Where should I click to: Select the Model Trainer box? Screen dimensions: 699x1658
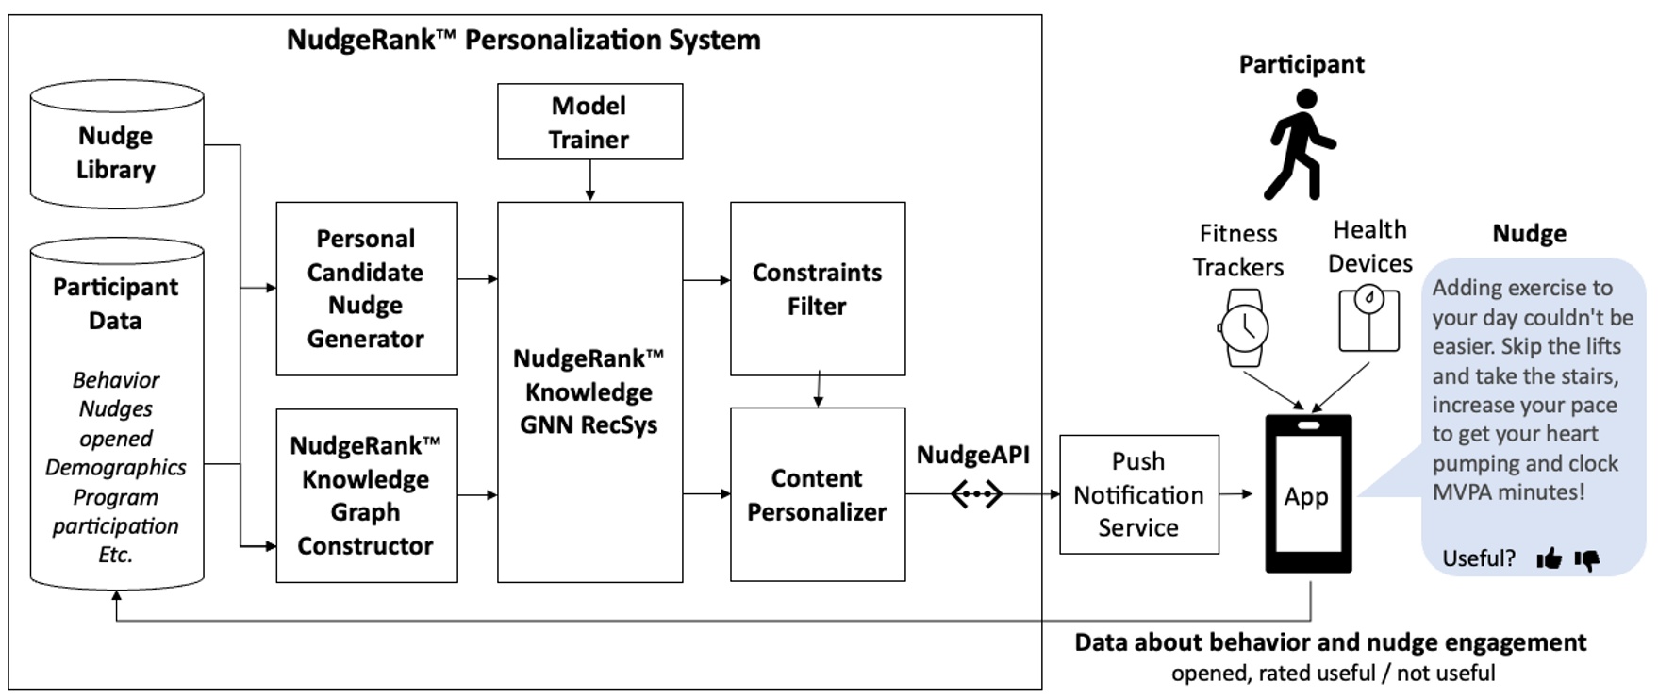pyautogui.click(x=589, y=122)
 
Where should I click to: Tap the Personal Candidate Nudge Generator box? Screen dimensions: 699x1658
pyautogui.click(x=366, y=289)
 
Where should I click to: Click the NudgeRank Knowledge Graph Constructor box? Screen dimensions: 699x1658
pyautogui.click(x=366, y=495)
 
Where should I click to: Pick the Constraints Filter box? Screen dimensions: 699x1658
pyautogui.click(x=817, y=289)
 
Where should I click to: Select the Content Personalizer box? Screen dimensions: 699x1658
pyautogui.click(x=817, y=495)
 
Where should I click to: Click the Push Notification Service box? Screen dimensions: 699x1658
pyautogui.click(x=1138, y=494)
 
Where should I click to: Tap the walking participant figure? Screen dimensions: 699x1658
pyautogui.click(x=1301, y=144)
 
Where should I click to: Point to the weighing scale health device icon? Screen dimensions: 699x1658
pyautogui.click(x=1368, y=320)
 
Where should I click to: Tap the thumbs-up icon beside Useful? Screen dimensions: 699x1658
pyautogui.click(x=1549, y=559)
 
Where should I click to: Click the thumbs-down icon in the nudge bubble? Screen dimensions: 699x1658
pyautogui.click(x=1587, y=560)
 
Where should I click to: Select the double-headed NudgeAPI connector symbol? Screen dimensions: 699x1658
pyautogui.click(x=976, y=493)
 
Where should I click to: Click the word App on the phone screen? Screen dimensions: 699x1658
pyautogui.click(x=1306, y=497)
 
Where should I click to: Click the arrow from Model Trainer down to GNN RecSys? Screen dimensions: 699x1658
pyautogui.click(x=589, y=180)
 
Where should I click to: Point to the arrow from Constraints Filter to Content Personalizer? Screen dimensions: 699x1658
pyautogui.click(x=818, y=391)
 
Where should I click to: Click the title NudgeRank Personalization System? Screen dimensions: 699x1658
pyautogui.click(x=523, y=40)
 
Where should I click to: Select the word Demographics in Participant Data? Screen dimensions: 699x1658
pyautogui.click(x=116, y=468)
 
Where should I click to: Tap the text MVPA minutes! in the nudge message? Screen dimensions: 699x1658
pyautogui.click(x=1508, y=492)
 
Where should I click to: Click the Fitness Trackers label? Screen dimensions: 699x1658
pyautogui.click(x=1237, y=250)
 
